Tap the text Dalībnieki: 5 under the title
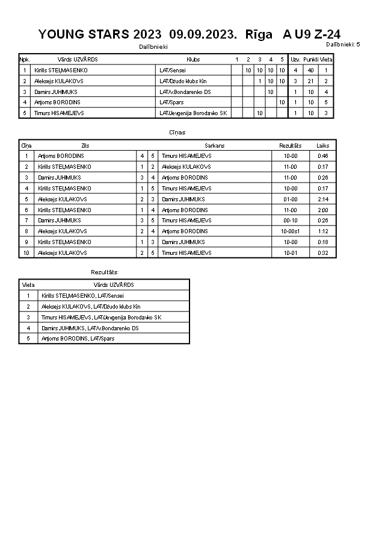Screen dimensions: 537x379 coord(343,45)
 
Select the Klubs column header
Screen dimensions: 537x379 coord(193,60)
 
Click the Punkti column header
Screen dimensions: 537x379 coord(310,60)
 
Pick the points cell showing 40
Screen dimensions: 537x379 coord(310,71)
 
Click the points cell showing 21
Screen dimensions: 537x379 coord(310,81)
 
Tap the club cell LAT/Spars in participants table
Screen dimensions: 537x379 coord(171,102)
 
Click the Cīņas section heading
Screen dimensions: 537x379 coord(177,133)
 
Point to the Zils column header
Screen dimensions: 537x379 coord(85,145)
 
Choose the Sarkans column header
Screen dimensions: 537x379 coord(214,145)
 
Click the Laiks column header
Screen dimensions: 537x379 coord(323,145)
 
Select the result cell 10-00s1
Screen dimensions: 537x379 coord(291,231)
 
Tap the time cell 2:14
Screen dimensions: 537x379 coord(323,199)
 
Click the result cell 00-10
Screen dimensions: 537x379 coord(291,220)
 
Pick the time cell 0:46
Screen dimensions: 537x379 coord(323,156)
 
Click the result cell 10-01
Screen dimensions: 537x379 coord(291,253)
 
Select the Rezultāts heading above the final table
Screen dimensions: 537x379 coord(104,272)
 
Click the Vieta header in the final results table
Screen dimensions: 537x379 coord(28,284)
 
